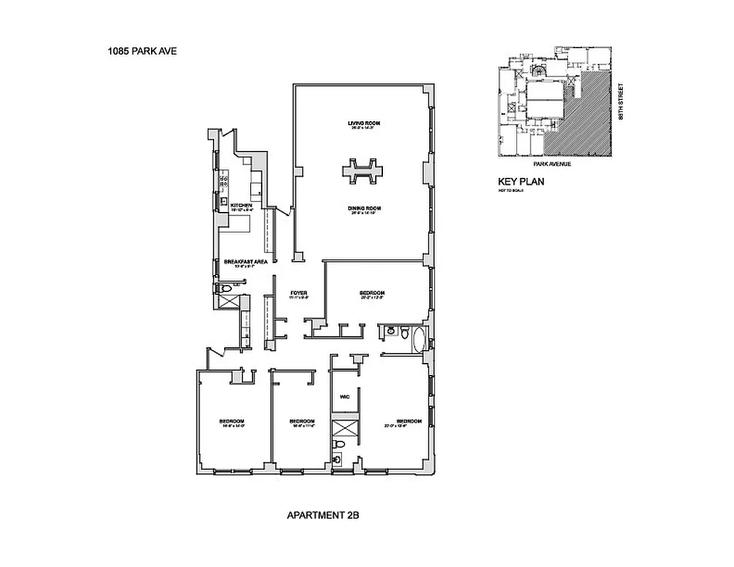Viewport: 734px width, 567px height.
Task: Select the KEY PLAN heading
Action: click(x=521, y=181)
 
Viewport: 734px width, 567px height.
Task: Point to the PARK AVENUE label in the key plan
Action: click(x=553, y=164)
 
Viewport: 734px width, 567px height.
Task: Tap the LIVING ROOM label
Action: click(x=360, y=124)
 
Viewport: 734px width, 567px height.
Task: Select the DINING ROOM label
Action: click(x=365, y=208)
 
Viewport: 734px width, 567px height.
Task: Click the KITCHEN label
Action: click(x=241, y=206)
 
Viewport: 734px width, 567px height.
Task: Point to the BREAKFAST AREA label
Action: click(x=245, y=262)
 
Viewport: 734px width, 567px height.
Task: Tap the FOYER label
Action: click(x=299, y=293)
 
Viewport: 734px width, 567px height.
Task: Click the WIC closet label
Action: click(x=345, y=398)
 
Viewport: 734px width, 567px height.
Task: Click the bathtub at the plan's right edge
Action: click(x=418, y=338)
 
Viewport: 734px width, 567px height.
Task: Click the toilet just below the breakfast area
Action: click(x=223, y=288)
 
